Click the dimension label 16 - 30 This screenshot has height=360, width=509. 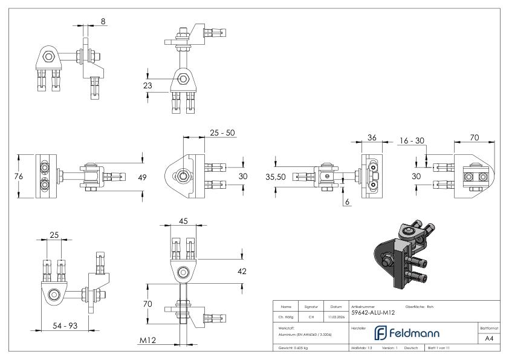coord(412,140)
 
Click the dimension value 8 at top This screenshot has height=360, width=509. coord(103,21)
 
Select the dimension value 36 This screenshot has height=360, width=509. coord(372,137)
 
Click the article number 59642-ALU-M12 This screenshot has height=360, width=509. coord(373,313)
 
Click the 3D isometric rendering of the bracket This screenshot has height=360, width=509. coord(403,254)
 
